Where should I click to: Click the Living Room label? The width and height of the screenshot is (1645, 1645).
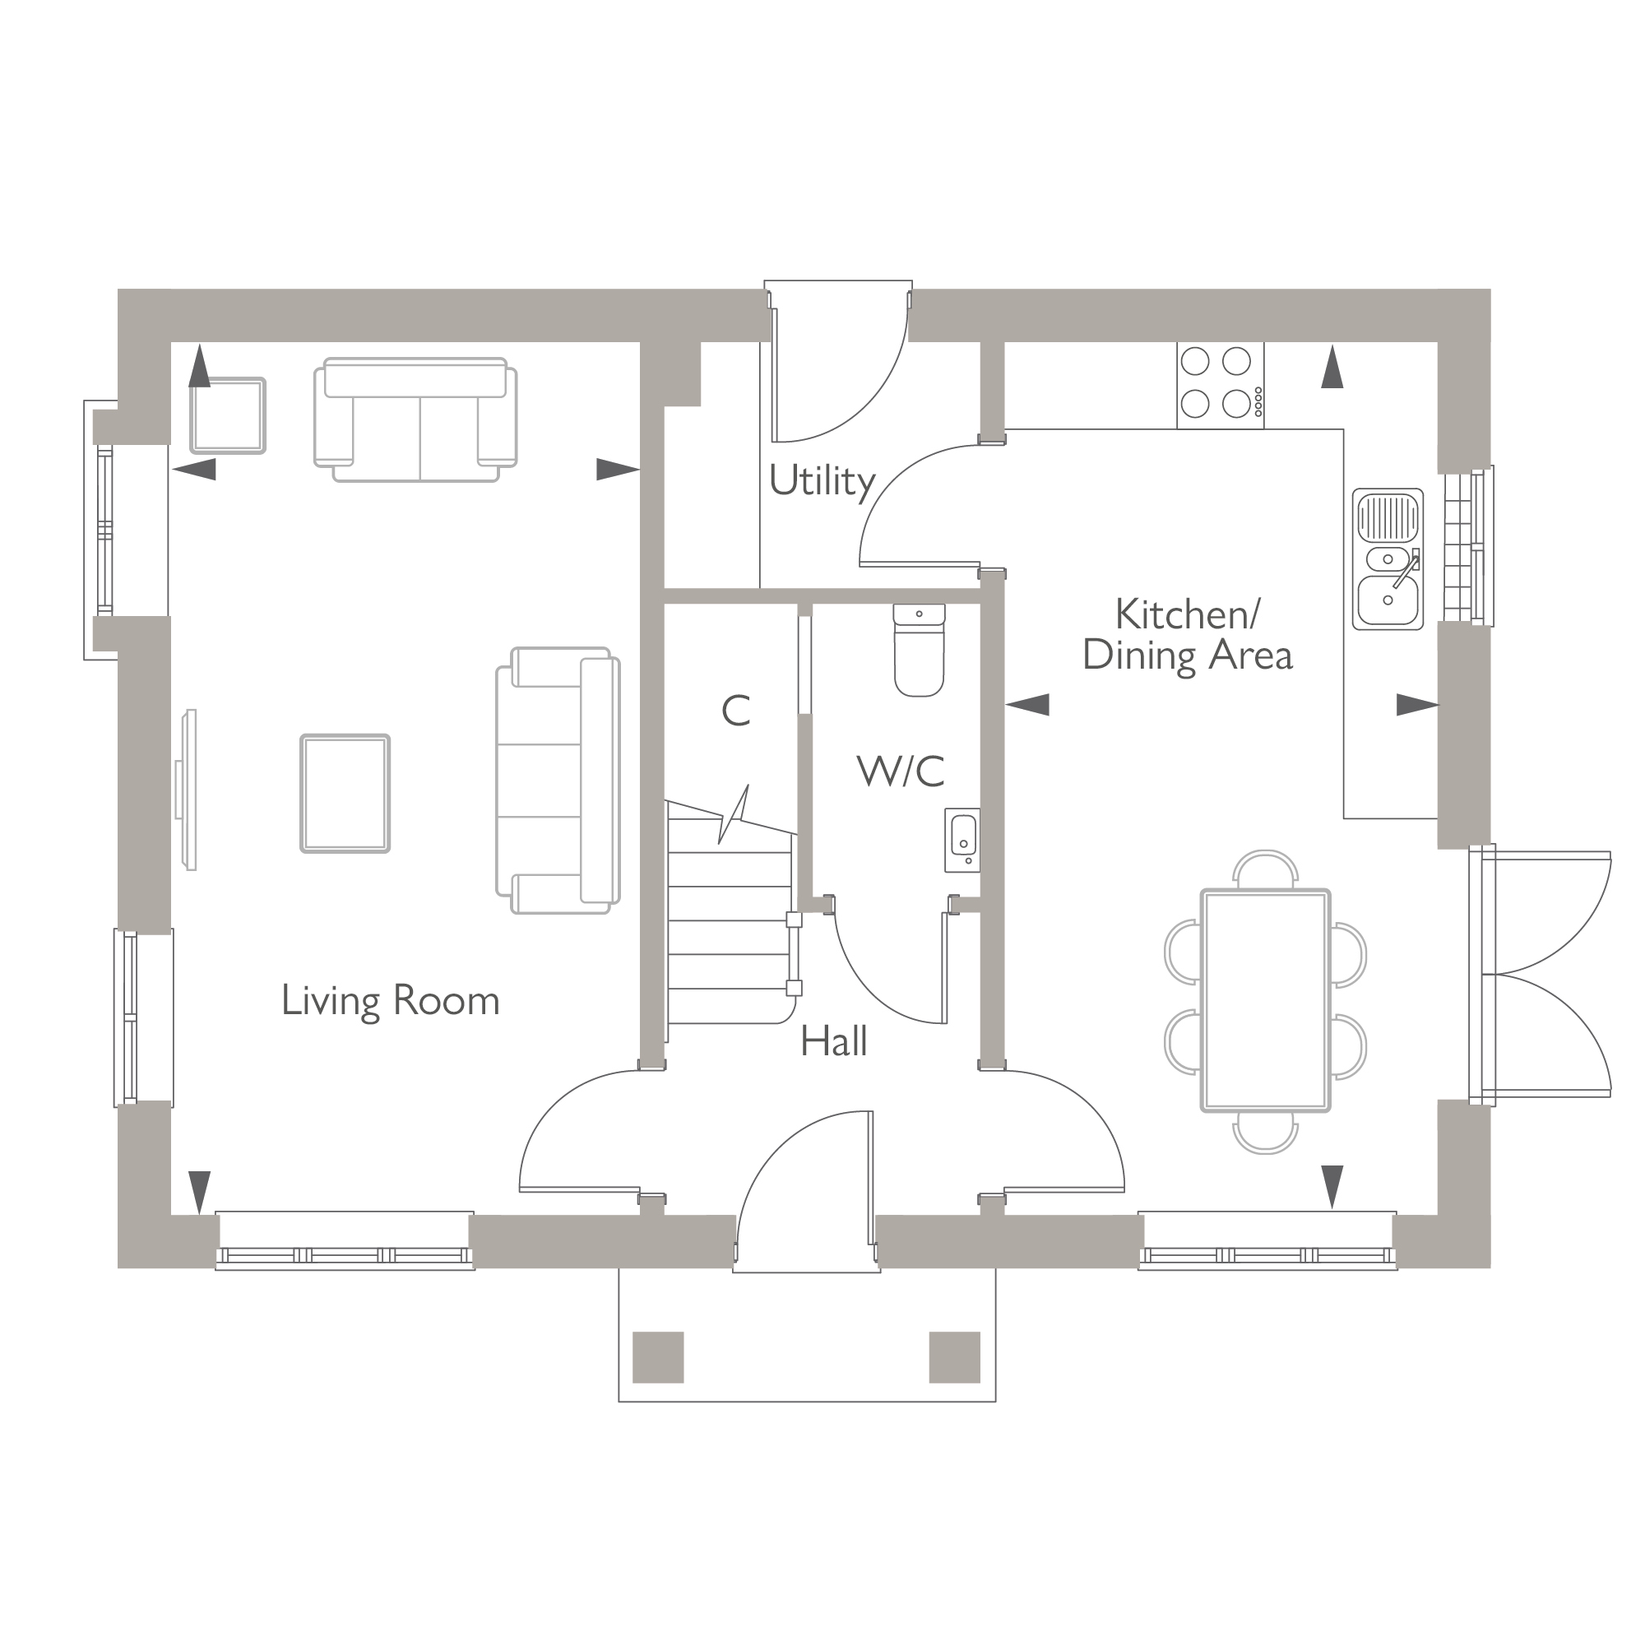390,1001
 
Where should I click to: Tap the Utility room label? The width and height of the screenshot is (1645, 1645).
822,482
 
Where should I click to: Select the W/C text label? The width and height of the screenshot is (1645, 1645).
901,772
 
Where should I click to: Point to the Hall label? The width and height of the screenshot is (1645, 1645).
833,1041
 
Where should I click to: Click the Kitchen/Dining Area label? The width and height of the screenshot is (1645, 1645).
1187,635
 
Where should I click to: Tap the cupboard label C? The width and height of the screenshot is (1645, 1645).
735,711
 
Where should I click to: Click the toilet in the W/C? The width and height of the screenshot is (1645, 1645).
920,651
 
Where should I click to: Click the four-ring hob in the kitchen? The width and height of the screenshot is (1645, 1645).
1220,385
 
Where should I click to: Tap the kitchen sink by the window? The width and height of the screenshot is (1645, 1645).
1388,559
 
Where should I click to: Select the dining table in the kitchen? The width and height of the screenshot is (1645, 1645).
1265,1000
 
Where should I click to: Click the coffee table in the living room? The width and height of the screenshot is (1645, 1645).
345,794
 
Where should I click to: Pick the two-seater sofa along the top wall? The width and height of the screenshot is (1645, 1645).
415,419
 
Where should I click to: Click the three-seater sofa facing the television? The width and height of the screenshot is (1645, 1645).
558,781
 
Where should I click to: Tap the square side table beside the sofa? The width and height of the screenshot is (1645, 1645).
227,415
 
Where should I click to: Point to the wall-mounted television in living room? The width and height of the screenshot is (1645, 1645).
188,790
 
